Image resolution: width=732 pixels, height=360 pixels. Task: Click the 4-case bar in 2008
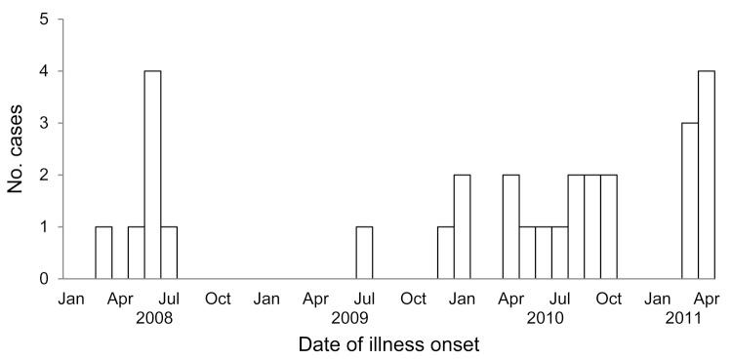tap(152, 175)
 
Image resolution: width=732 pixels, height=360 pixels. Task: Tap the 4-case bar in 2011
tap(707, 175)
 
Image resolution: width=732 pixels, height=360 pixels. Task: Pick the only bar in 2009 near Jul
tap(364, 253)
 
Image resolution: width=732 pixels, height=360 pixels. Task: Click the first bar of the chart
tap(103, 253)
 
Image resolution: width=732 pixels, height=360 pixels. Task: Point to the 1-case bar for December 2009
tap(446, 253)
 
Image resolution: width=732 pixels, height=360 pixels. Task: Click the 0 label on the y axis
tap(46, 279)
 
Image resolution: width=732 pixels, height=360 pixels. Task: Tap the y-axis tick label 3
tap(46, 123)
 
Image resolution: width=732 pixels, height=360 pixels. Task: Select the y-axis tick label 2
tap(46, 176)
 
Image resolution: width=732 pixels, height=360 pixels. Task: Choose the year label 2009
tap(349, 317)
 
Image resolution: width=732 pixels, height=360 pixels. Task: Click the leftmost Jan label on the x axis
tap(71, 298)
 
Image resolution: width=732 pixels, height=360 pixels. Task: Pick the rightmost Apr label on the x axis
tap(707, 298)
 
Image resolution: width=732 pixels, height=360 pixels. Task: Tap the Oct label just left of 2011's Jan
tap(609, 298)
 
